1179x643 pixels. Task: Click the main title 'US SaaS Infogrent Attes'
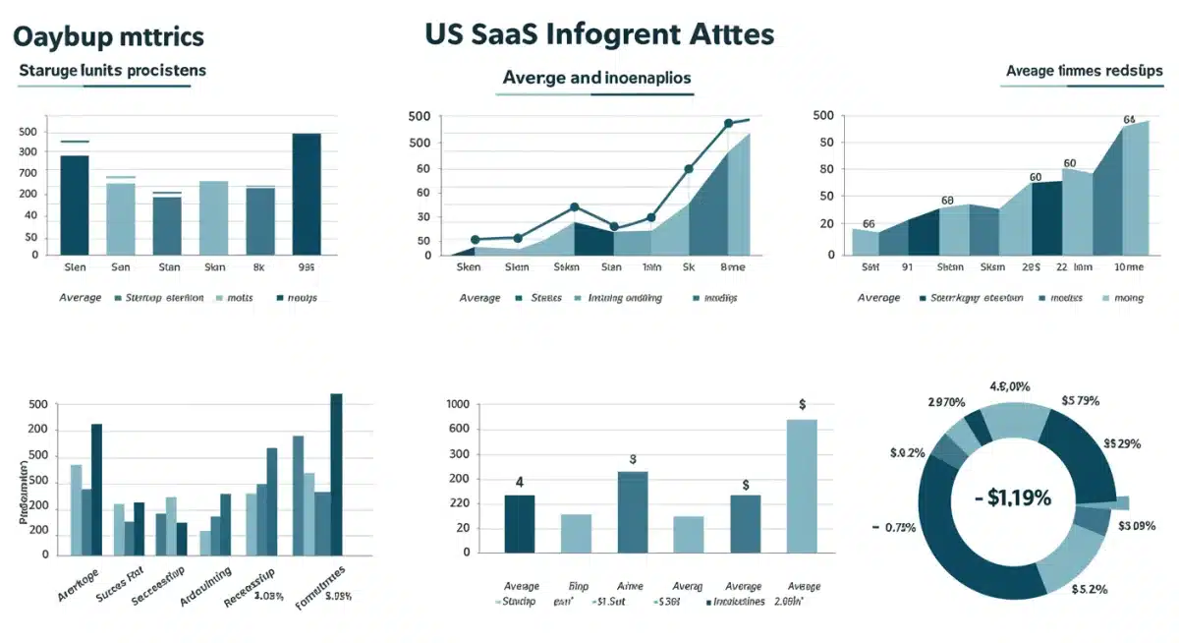tap(599, 34)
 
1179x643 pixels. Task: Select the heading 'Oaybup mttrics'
tap(108, 37)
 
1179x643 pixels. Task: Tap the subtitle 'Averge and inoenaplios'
tap(596, 77)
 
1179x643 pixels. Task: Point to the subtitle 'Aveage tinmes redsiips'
tap(1084, 71)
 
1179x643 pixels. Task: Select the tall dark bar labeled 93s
tap(307, 194)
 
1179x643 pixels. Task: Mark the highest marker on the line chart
tap(729, 124)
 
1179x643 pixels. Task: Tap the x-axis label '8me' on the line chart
tap(732, 266)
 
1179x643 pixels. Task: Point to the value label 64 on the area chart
tap(1129, 120)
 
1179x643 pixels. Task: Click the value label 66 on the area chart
tap(869, 224)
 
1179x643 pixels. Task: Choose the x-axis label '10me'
tap(1128, 266)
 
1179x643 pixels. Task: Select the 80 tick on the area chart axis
tap(825, 169)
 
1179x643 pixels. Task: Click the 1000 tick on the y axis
tap(458, 404)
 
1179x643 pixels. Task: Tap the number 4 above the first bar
tap(519, 482)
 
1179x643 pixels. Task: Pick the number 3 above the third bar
tap(633, 459)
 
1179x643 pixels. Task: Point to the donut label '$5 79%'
tap(1080, 400)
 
